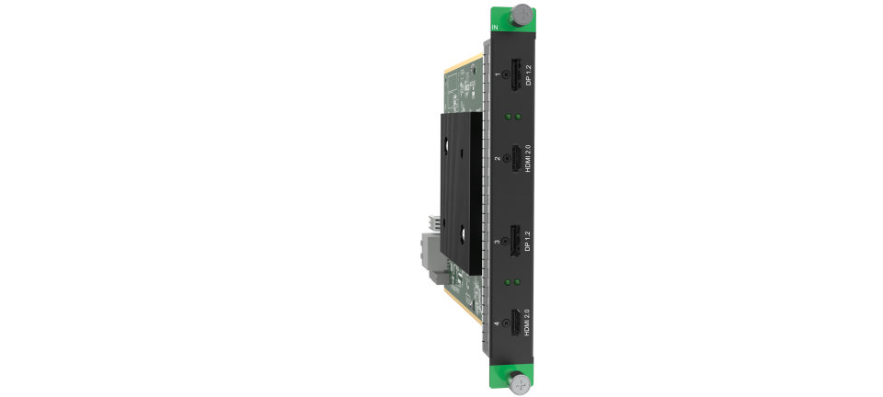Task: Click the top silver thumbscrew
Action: (x=522, y=15)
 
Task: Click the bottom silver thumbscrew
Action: (x=522, y=383)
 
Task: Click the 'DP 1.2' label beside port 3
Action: (x=528, y=242)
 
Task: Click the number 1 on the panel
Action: (x=498, y=74)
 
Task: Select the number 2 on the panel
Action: (x=498, y=158)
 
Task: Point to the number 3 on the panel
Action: (x=498, y=242)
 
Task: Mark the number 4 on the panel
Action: (x=498, y=326)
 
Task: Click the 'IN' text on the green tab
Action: (x=497, y=28)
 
